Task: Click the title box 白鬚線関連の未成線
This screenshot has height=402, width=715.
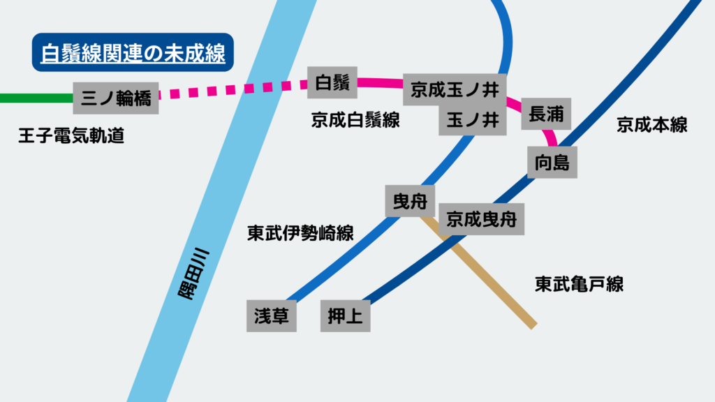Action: pyautogui.click(x=133, y=53)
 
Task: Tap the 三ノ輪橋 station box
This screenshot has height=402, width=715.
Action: pyautogui.click(x=116, y=98)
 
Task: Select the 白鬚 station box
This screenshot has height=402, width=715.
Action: pyautogui.click(x=332, y=83)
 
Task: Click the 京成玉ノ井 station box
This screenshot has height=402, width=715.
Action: pyautogui.click(x=454, y=90)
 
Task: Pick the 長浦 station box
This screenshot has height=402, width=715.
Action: pyautogui.click(x=546, y=113)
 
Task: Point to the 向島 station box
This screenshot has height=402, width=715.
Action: pyautogui.click(x=552, y=162)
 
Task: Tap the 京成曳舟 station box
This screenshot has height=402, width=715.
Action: pyautogui.click(x=482, y=218)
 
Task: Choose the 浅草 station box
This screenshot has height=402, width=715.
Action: pyautogui.click(x=272, y=316)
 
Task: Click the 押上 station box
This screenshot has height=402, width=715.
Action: pyautogui.click(x=345, y=316)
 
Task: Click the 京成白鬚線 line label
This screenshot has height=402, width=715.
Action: pyautogui.click(x=355, y=120)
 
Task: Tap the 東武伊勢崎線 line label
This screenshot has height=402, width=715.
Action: pyautogui.click(x=300, y=233)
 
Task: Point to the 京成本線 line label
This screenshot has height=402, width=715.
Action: pyautogui.click(x=652, y=125)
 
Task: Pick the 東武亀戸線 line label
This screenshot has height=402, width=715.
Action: pyautogui.click(x=579, y=284)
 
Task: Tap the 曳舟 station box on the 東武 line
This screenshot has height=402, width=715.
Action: pyautogui.click(x=410, y=200)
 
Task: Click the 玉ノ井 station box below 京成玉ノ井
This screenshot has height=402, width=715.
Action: pyautogui.click(x=472, y=120)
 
